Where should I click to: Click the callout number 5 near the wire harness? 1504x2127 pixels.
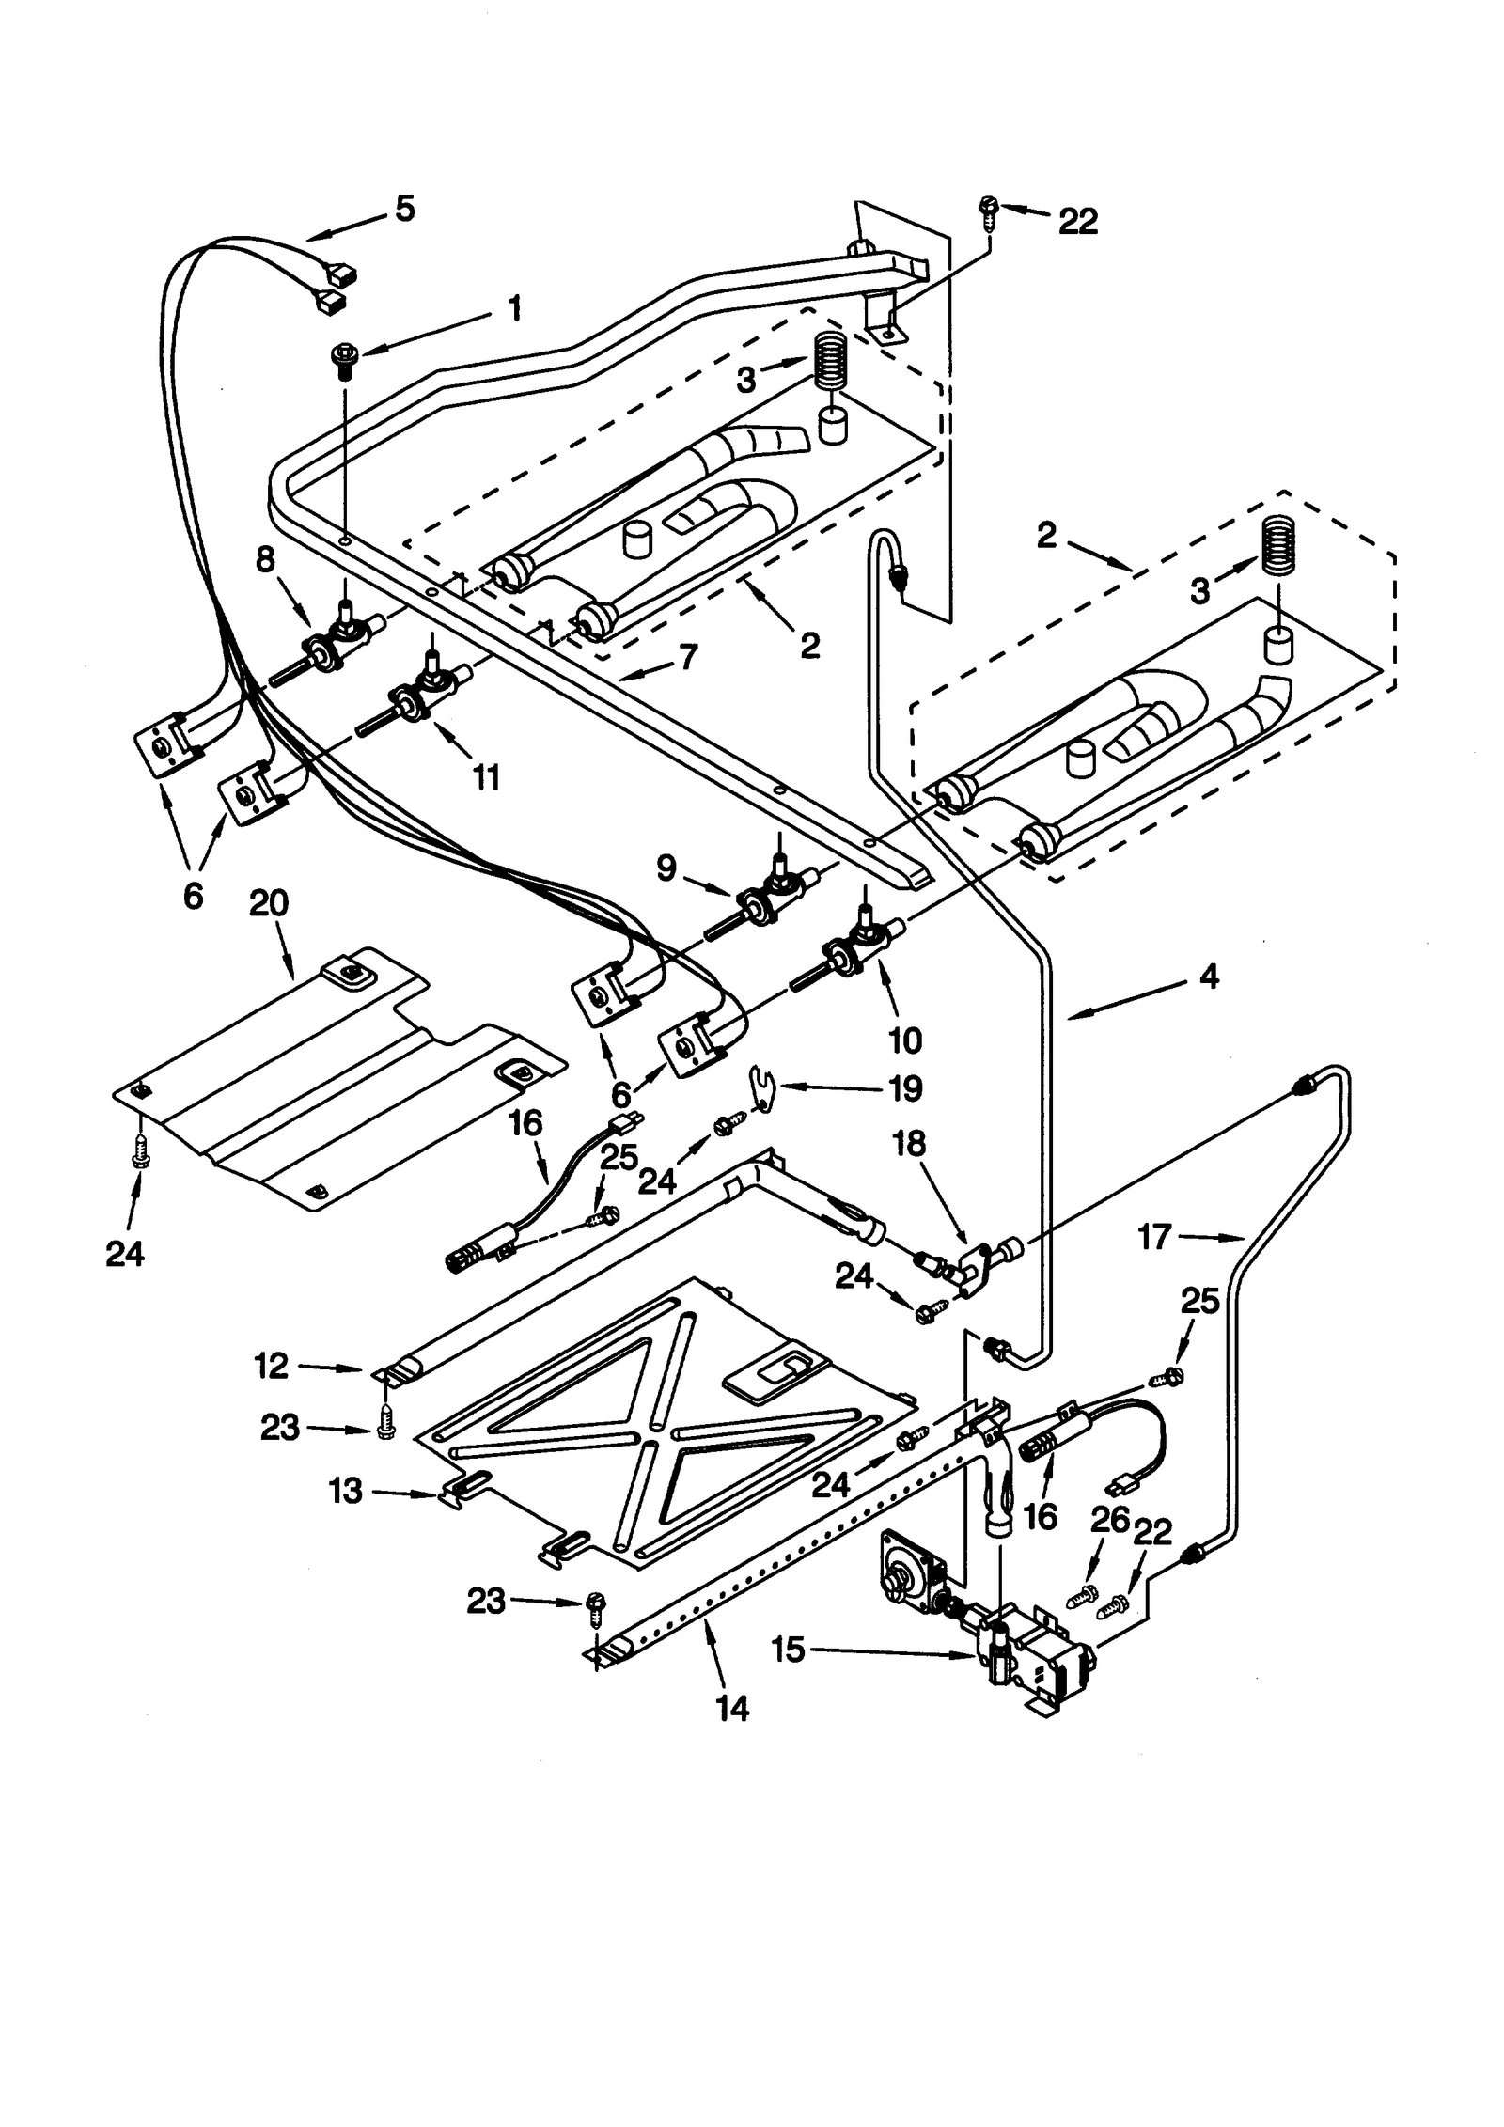tap(404, 209)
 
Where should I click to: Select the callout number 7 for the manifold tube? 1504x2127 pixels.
tap(689, 657)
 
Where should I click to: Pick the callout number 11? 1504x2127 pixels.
tap(486, 776)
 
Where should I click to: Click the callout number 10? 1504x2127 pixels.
tap(904, 1040)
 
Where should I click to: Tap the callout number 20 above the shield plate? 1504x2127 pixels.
tap(269, 903)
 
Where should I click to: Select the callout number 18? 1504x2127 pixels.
tap(909, 1144)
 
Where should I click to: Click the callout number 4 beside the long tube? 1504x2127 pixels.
tap(1209, 977)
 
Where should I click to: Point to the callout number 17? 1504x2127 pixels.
tap(1155, 1237)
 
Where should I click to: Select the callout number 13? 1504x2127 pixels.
tap(345, 1491)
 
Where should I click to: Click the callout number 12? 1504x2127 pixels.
tap(271, 1366)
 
